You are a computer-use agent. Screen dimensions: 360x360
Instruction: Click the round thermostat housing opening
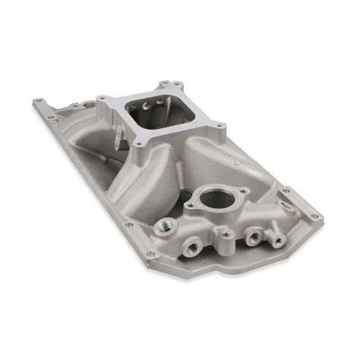pos(218,199)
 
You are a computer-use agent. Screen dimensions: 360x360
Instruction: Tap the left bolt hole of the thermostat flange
pos(191,205)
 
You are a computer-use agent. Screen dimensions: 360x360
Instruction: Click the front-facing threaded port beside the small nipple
pos(250,238)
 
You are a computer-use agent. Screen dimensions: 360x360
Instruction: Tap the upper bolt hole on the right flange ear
pos(286,191)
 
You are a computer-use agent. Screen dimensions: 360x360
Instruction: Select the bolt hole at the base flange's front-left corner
pos(128,224)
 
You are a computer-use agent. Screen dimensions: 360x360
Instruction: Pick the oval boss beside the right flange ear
pos(285,206)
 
